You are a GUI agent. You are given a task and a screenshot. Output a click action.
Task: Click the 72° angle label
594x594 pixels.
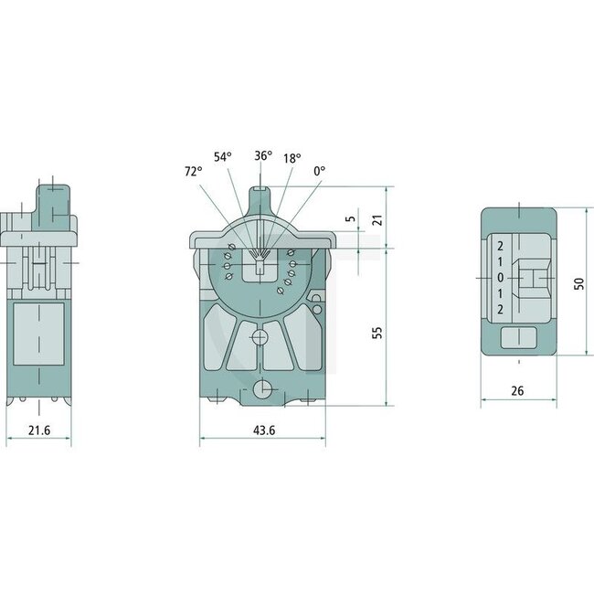point(192,171)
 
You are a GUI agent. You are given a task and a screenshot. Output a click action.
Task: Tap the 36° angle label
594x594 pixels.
point(262,155)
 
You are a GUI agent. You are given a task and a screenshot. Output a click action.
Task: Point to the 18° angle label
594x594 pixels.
point(292,158)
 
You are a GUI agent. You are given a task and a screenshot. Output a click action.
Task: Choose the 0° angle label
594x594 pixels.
point(319,171)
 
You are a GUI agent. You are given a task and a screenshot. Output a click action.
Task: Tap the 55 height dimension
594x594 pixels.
point(378,330)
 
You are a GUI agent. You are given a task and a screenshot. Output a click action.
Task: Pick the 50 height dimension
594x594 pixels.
point(577,284)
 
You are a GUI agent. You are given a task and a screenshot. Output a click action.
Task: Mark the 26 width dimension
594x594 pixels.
point(518,390)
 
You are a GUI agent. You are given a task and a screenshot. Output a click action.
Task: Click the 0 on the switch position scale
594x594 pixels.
point(500,278)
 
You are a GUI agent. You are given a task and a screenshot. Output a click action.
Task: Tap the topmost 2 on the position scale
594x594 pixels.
point(500,246)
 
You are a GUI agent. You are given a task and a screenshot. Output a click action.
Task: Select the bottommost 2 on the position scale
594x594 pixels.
point(500,310)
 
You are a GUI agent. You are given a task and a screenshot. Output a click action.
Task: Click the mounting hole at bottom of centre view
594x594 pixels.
point(262,389)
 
